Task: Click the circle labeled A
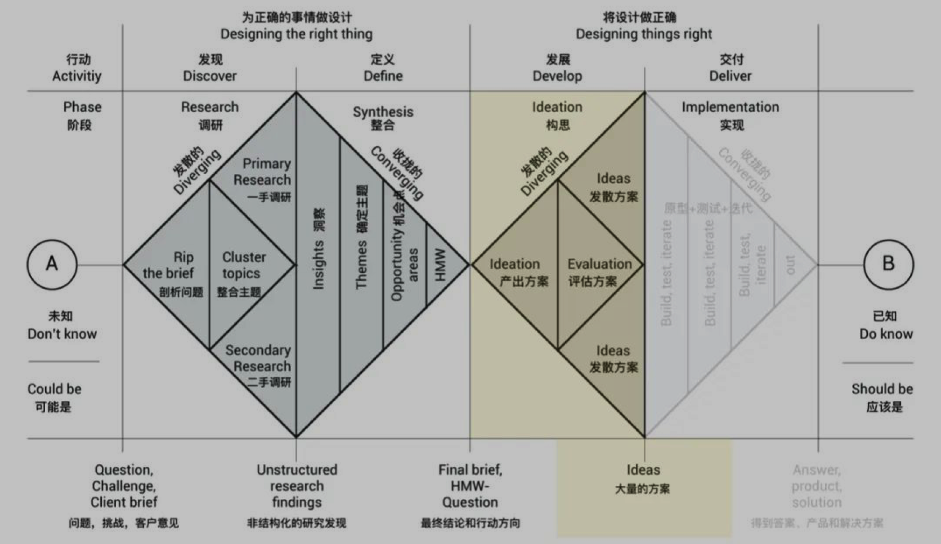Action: [52, 264]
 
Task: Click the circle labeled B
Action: [888, 264]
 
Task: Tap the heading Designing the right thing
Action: [296, 34]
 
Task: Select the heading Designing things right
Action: [643, 34]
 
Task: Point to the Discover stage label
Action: [209, 76]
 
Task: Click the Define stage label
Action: [383, 76]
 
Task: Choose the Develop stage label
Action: [557, 76]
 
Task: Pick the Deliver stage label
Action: [730, 76]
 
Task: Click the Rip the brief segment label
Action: [168, 265]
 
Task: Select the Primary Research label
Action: [263, 172]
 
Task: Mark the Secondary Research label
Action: [259, 358]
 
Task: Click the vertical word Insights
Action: [319, 265]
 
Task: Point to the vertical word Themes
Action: [361, 265]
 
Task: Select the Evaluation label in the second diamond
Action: [599, 264]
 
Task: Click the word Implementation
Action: [730, 107]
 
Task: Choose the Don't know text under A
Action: [62, 334]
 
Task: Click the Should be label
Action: [882, 389]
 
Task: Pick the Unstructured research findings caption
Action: [297, 486]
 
